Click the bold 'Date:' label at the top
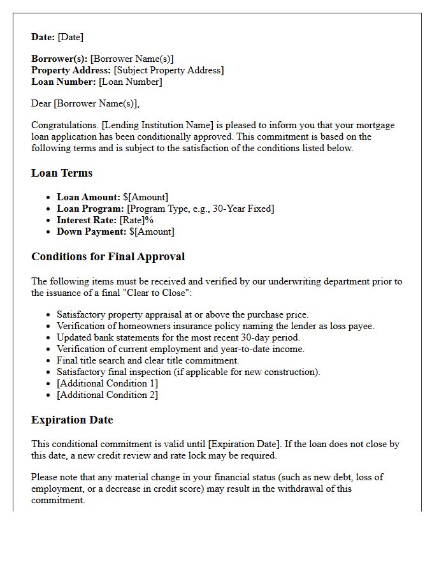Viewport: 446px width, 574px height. coord(43,37)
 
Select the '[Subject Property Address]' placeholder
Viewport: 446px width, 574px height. coord(169,70)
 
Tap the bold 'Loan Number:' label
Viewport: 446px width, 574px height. coord(63,82)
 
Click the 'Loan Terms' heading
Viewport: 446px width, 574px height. coord(62,173)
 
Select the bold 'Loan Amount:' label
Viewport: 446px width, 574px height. coord(88,197)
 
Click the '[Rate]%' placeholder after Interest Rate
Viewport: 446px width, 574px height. coord(136,220)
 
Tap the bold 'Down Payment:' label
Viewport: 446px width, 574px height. coord(91,232)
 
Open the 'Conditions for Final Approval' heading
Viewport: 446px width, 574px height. coord(108,256)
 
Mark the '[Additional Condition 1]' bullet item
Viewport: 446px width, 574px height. coord(107,383)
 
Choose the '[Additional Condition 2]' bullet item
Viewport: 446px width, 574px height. coord(107,395)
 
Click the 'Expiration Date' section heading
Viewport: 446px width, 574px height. coord(72,420)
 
